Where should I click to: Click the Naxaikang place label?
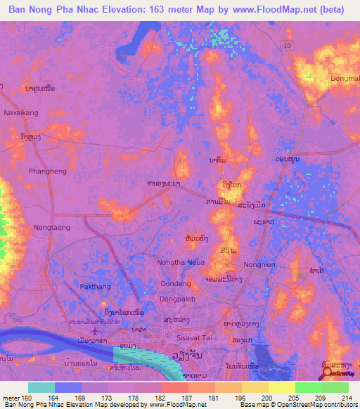point(20,112)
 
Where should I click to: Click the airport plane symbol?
point(96,328)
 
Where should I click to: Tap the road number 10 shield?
point(287,45)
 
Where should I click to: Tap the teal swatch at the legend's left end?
point(41,387)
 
